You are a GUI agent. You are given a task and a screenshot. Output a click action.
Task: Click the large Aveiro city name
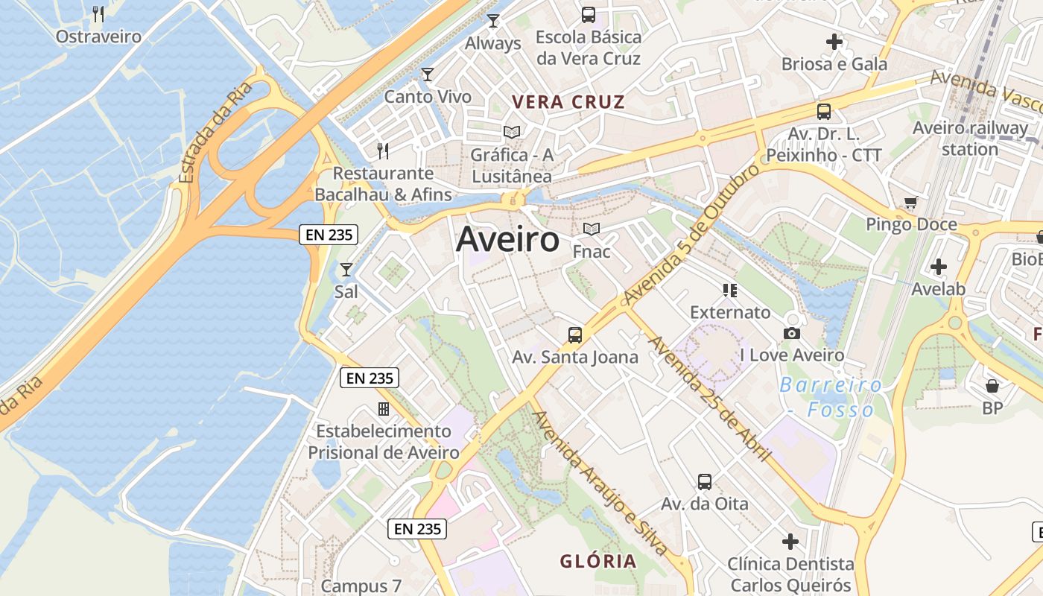507,240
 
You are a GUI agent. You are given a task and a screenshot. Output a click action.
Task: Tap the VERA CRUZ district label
568,102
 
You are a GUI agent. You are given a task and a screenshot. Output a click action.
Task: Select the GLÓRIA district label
598,561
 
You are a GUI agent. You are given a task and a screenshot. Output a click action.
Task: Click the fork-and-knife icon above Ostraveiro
98,13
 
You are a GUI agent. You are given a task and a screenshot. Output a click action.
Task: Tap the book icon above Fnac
592,229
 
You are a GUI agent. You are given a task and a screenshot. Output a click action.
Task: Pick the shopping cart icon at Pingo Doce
910,203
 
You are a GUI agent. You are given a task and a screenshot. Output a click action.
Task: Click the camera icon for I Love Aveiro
792,333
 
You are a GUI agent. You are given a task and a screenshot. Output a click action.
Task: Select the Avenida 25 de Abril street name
710,399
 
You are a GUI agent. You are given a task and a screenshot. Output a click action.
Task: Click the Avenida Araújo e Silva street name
601,484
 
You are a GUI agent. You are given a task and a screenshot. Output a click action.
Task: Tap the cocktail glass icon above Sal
346,269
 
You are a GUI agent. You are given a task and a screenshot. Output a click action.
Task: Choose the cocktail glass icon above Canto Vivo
428,74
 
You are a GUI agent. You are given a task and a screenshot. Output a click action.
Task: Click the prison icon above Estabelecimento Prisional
384,408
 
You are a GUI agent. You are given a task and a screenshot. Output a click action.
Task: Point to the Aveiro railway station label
970,138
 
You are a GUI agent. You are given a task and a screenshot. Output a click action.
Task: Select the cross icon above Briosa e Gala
834,42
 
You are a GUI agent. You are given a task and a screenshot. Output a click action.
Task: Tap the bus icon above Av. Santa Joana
575,335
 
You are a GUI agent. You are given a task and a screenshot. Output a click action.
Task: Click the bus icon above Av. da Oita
705,481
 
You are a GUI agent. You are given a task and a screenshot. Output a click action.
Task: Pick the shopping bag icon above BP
992,385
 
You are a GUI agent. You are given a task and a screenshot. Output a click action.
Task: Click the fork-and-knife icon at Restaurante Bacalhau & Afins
383,151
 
